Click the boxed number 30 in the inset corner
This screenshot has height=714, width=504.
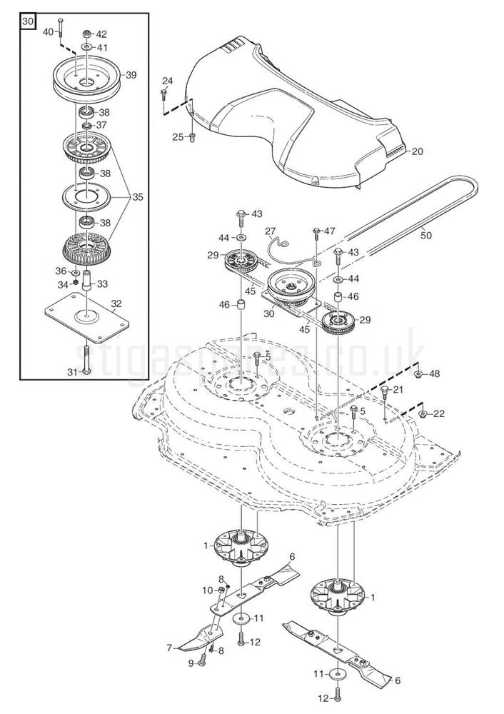coord(28,23)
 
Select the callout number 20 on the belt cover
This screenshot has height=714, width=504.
coord(417,151)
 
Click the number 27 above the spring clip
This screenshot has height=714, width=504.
coord(270,231)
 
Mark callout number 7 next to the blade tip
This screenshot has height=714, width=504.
coord(168,648)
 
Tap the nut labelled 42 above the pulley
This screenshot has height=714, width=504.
coord(86,34)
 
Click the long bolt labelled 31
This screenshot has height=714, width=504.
coord(85,357)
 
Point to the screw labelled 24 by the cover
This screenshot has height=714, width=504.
coord(165,94)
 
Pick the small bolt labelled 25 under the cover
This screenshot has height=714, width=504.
coord(191,136)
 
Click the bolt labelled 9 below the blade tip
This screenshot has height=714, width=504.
coord(202,663)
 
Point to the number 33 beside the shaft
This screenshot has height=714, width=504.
coord(103,283)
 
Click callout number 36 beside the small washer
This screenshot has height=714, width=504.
coord(60,271)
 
